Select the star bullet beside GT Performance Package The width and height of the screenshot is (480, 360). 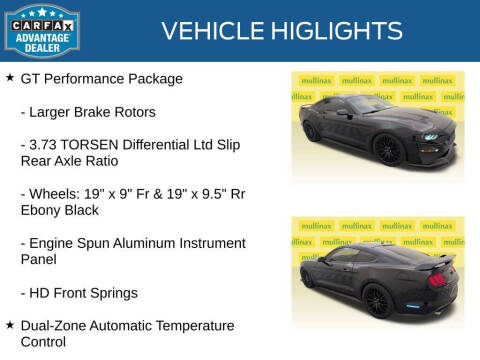[9, 78]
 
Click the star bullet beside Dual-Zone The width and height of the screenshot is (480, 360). [9, 325]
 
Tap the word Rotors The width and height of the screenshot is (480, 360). [133, 111]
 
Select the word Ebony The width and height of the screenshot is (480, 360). [42, 210]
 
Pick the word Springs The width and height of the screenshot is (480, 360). [114, 293]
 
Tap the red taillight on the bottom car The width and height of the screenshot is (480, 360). [437, 279]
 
